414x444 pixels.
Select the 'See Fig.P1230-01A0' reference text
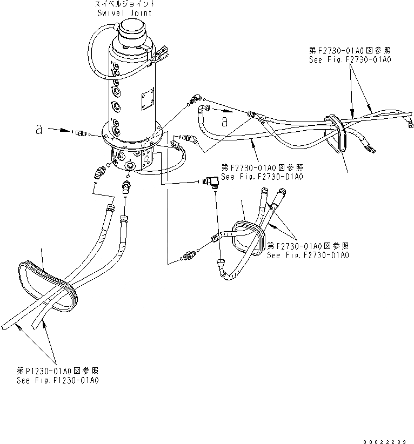[x=57, y=381]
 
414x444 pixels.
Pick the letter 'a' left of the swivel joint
[x=38, y=130]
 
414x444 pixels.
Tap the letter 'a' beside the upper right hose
[x=224, y=122]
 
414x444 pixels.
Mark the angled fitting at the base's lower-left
[x=98, y=173]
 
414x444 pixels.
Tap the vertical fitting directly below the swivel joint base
[x=126, y=186]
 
